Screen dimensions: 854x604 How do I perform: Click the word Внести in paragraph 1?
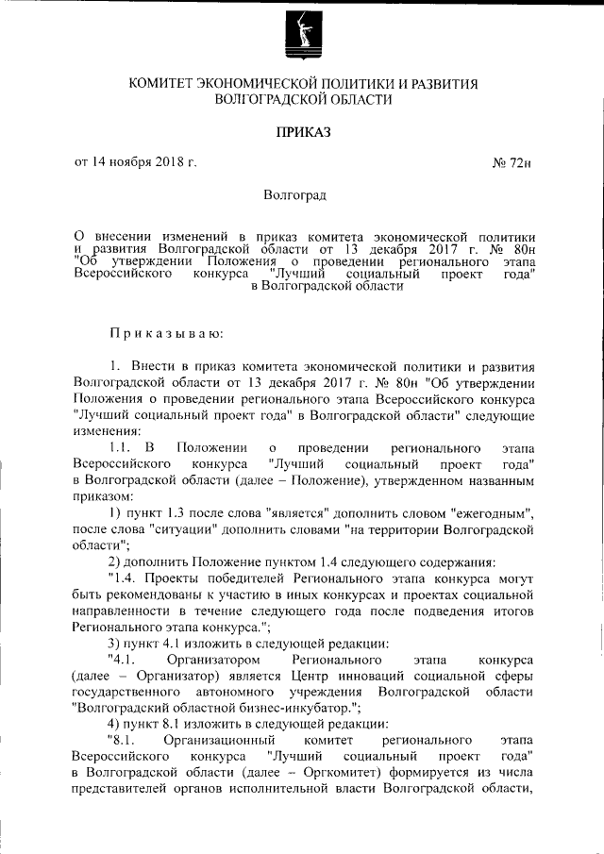(154, 367)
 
